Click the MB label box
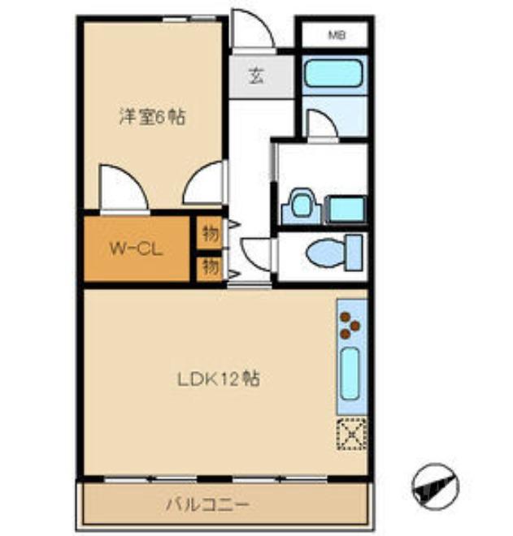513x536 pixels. click(x=335, y=35)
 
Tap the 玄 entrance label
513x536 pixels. click(x=256, y=77)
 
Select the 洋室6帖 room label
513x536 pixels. click(x=152, y=118)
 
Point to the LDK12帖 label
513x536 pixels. click(x=219, y=378)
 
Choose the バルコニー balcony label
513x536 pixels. click(x=207, y=505)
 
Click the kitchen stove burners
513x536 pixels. click(x=350, y=325)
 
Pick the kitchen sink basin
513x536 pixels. click(x=350, y=374)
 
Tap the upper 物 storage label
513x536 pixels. click(x=211, y=234)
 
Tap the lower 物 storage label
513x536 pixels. click(x=211, y=267)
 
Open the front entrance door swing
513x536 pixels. click(x=249, y=30)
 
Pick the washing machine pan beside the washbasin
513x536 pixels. click(x=344, y=210)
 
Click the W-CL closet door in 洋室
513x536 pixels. click(x=123, y=188)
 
